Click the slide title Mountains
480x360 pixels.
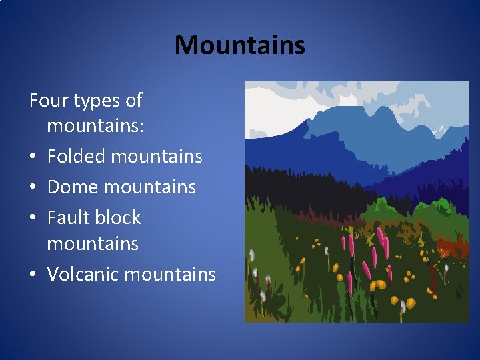click(x=239, y=45)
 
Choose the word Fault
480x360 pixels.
click(x=68, y=218)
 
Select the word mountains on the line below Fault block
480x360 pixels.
click(x=93, y=244)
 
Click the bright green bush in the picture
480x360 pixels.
click(x=396, y=206)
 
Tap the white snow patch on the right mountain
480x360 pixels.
click(x=439, y=131)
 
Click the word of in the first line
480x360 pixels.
click(x=133, y=101)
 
